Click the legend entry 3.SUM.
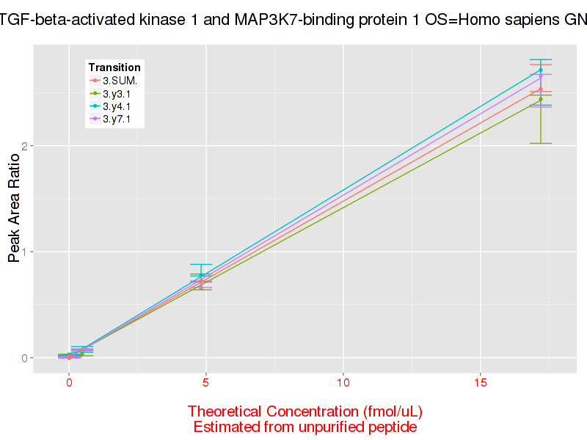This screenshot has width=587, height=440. tap(120, 81)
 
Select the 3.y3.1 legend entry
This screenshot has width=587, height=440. tap(117, 94)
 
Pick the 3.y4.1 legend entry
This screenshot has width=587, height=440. tap(117, 106)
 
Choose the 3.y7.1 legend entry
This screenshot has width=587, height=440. tap(117, 119)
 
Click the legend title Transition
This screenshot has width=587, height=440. tap(114, 67)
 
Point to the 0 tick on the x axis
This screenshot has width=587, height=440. tap(69, 383)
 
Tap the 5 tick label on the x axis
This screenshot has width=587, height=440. tap(206, 383)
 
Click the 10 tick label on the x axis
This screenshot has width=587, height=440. tap(343, 383)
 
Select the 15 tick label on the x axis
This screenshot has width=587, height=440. tap(480, 383)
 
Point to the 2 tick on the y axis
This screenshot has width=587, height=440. tap(25, 146)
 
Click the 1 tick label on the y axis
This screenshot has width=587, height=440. tap(25, 252)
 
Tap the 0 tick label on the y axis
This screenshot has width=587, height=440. tap(25, 358)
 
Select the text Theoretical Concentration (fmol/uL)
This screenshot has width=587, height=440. tap(305, 411)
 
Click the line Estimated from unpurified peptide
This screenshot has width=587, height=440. tap(305, 427)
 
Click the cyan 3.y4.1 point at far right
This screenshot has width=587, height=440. tap(540, 70)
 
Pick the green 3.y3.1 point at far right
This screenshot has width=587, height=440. tap(540, 99)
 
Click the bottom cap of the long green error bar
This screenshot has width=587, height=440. tap(540, 143)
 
